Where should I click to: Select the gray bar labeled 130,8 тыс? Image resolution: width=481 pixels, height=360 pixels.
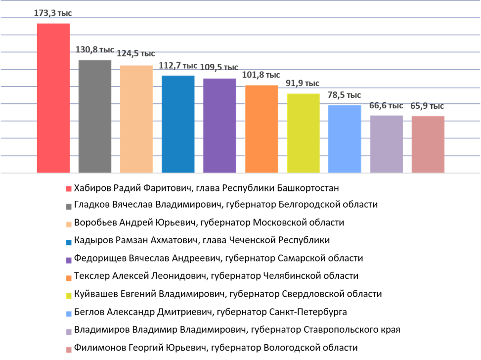(x=95, y=116)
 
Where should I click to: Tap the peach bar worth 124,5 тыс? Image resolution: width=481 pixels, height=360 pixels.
(x=136, y=119)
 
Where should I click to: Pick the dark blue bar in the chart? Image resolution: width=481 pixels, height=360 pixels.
(x=178, y=124)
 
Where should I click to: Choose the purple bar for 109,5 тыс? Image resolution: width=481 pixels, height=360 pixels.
(x=219, y=125)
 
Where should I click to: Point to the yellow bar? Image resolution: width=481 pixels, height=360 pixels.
(x=303, y=133)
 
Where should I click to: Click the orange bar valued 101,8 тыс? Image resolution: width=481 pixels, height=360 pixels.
(x=262, y=129)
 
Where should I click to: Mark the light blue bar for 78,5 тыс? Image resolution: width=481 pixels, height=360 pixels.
(x=345, y=138)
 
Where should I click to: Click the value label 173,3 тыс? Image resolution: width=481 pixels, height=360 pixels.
(x=53, y=13)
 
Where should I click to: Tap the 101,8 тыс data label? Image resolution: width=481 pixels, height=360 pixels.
(x=261, y=75)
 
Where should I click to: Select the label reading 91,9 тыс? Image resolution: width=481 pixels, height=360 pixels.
(x=303, y=84)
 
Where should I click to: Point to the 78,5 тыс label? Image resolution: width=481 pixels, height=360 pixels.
(x=344, y=95)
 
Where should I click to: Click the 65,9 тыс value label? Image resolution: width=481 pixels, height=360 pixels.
(x=427, y=106)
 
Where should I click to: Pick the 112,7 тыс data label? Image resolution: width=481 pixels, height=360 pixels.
(x=178, y=65)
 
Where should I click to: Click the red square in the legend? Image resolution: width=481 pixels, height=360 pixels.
(x=69, y=189)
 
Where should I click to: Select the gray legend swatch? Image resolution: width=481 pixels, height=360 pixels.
(x=69, y=207)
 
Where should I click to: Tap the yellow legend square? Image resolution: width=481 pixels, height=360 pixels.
(x=69, y=296)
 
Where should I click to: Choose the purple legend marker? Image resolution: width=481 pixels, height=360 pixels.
(x=69, y=261)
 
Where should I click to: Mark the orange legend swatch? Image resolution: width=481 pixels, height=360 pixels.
(x=69, y=278)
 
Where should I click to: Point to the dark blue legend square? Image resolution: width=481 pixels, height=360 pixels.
(x=69, y=243)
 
